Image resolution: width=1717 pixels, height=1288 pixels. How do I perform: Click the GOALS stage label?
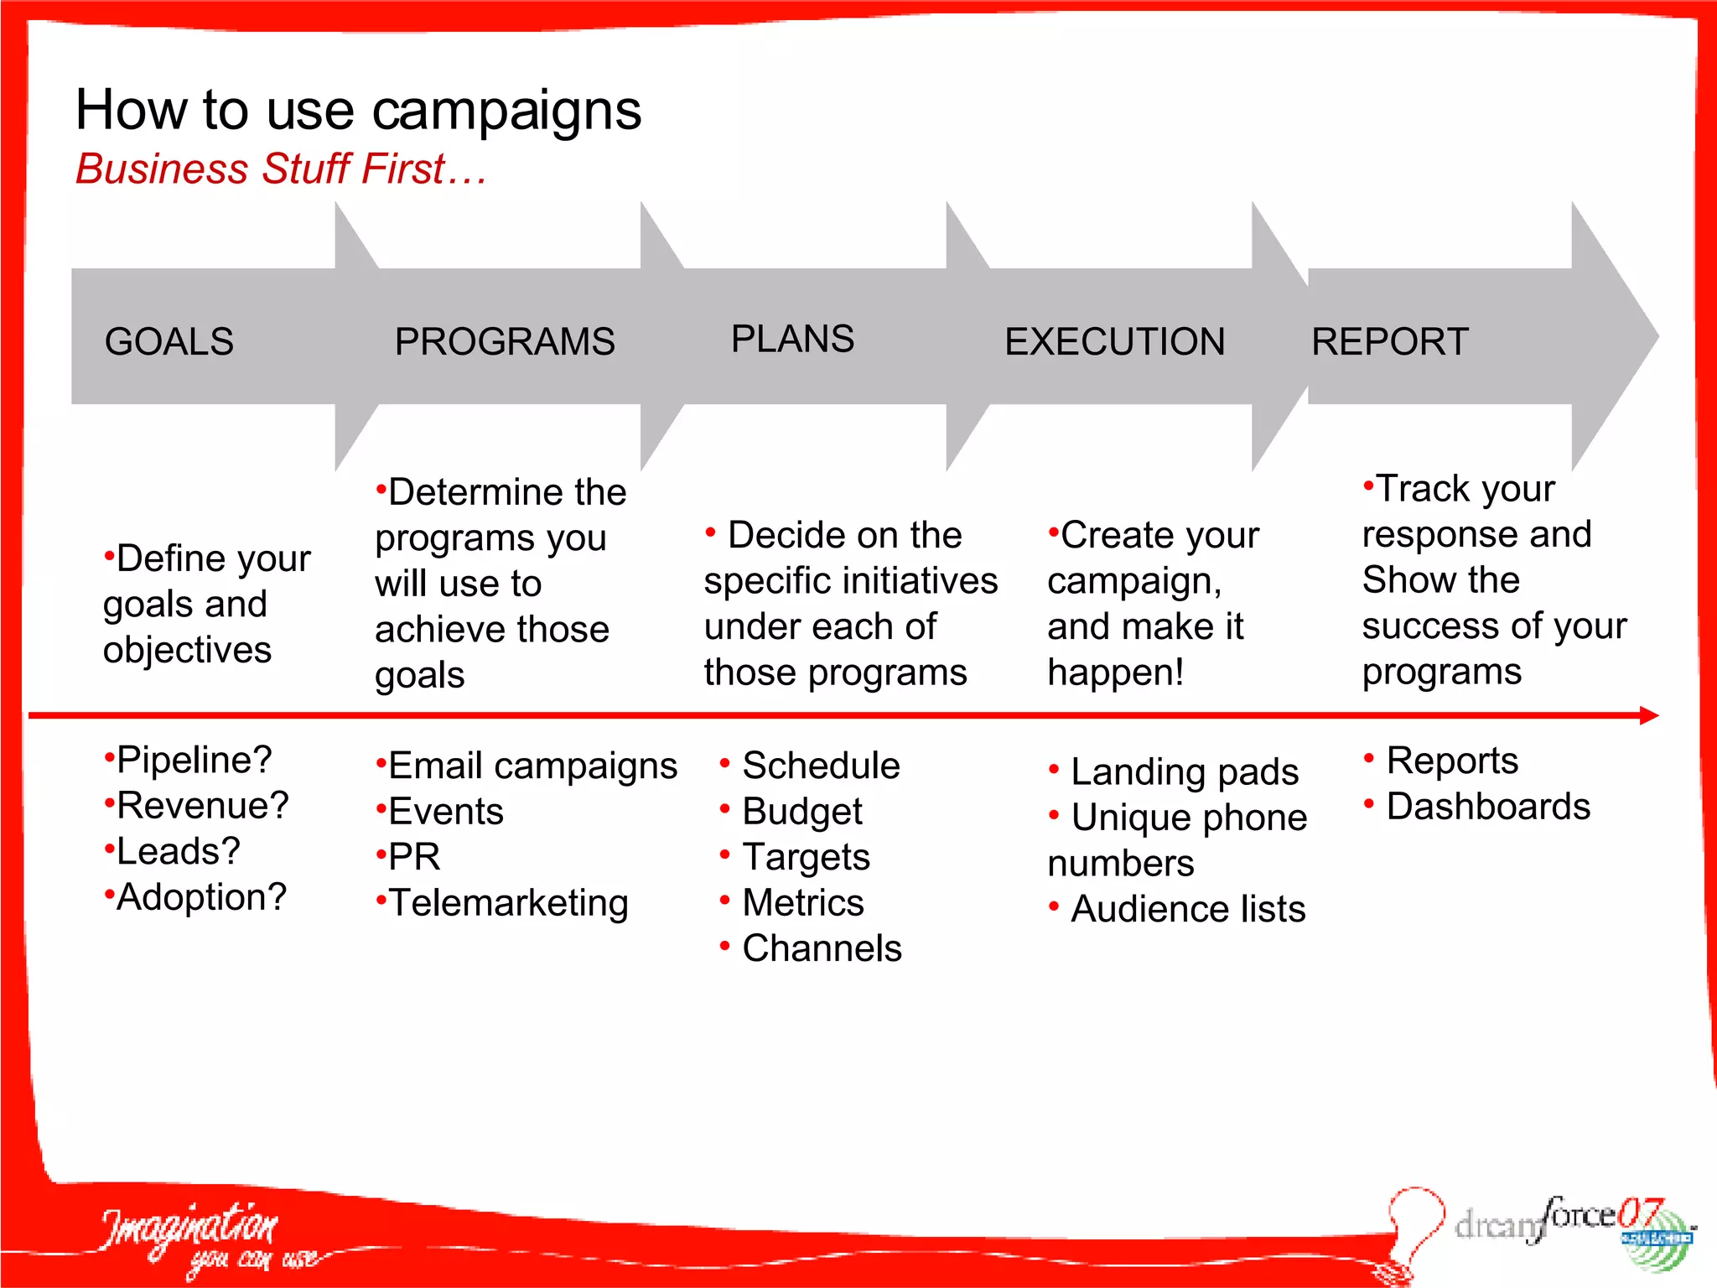169,342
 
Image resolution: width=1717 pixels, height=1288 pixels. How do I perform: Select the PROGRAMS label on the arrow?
505,342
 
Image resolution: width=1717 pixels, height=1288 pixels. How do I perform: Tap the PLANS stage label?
792,340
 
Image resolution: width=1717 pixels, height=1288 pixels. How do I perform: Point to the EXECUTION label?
1114,342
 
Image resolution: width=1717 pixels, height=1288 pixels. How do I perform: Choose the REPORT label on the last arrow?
1389,342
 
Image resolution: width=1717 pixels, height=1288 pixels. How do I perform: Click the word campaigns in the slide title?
506,112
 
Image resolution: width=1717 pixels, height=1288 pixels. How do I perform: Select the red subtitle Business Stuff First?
281,169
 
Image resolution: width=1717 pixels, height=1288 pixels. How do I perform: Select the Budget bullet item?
801,812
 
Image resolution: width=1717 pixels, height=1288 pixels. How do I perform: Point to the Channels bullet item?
821,948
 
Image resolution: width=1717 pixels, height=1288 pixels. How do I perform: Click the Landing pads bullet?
1183,771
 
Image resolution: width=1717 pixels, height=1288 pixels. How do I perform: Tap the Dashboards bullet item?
1487,807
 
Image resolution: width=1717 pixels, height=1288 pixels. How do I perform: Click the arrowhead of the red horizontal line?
1649,715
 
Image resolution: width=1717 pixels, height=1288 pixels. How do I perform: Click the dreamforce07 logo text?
1551,1220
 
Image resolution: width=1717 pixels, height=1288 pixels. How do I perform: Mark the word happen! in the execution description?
1115,673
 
